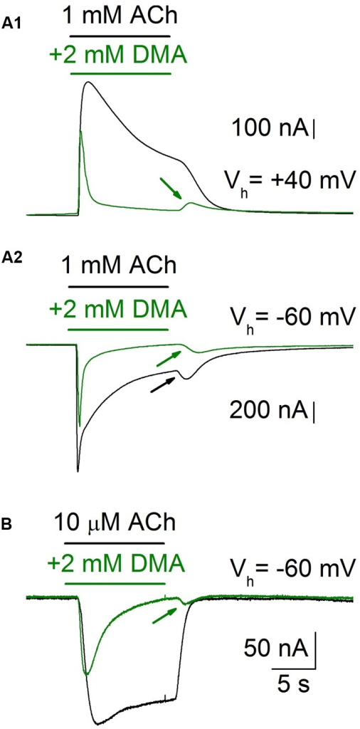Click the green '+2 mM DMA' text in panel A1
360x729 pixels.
[118, 56]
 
